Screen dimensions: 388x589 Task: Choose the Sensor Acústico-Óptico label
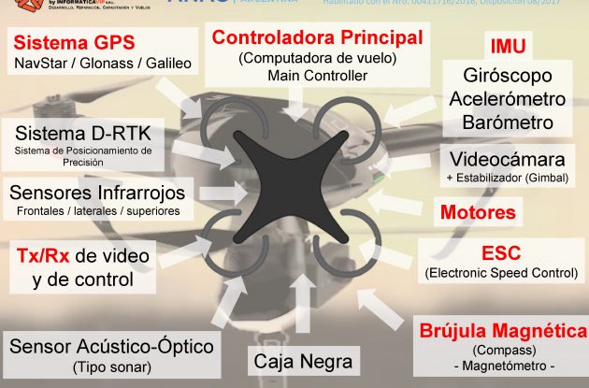coord(111,346)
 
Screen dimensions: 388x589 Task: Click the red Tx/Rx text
coord(45,255)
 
